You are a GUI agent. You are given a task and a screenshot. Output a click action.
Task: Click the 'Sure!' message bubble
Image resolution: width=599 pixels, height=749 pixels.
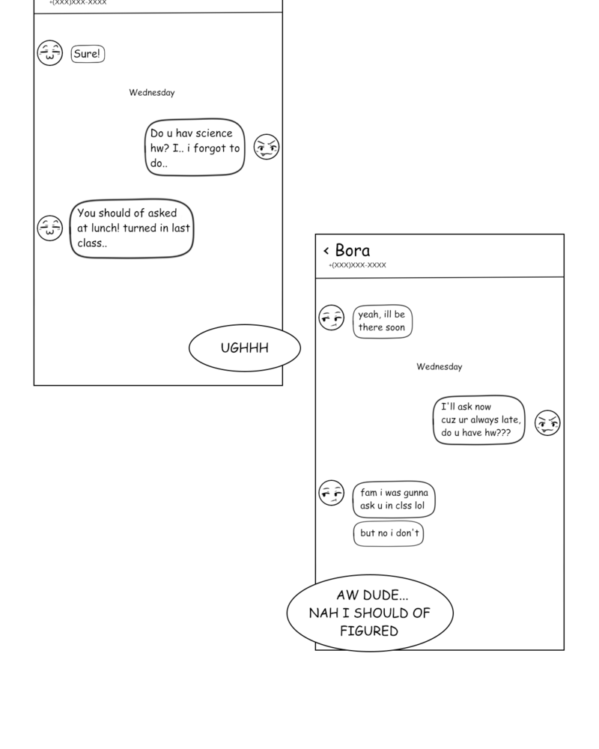click(x=88, y=54)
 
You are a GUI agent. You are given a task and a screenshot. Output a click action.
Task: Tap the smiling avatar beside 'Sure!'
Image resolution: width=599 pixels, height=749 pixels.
click(x=50, y=53)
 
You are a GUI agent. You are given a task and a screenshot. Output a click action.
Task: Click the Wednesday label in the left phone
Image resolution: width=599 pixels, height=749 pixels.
click(x=151, y=93)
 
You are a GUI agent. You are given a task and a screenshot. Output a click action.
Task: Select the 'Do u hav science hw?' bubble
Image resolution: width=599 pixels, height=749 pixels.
click(x=195, y=148)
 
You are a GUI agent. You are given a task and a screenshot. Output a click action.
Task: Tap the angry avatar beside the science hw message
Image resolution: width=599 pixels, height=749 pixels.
click(x=266, y=147)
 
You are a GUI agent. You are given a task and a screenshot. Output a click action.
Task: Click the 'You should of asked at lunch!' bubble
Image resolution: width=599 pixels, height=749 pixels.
click(x=132, y=228)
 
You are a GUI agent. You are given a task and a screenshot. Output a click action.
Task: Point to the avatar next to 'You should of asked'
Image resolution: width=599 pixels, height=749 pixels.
click(x=50, y=228)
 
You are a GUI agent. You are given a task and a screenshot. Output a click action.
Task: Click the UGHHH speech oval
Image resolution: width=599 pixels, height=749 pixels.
click(x=244, y=348)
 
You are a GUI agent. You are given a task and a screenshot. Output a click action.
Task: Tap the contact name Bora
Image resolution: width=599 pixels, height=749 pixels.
click(x=352, y=250)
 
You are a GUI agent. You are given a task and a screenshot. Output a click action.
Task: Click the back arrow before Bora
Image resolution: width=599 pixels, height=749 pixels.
click(x=326, y=251)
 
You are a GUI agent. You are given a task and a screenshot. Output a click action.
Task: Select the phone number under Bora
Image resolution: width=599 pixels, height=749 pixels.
click(x=357, y=265)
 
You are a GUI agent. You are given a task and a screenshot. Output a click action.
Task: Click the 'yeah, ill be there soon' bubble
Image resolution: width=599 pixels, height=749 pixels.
click(x=382, y=321)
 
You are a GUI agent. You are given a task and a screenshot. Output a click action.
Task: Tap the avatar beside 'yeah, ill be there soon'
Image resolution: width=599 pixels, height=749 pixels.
click(x=331, y=318)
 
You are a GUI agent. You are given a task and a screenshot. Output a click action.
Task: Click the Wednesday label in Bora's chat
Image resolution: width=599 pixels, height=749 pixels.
click(x=439, y=367)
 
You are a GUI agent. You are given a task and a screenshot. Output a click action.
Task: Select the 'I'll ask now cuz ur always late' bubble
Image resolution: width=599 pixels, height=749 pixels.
click(x=479, y=420)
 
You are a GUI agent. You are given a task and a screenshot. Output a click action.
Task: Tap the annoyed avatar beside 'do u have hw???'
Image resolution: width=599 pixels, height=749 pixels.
click(x=547, y=423)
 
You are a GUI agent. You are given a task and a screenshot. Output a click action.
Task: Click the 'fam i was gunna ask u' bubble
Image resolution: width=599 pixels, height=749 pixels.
click(x=393, y=500)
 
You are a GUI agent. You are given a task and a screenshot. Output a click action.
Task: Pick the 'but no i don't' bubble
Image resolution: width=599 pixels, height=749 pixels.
click(x=388, y=533)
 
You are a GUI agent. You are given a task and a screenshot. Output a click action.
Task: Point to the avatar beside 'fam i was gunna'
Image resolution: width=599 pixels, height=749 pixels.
click(x=331, y=493)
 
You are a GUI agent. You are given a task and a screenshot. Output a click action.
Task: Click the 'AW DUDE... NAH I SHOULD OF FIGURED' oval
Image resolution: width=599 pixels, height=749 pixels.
click(x=370, y=613)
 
